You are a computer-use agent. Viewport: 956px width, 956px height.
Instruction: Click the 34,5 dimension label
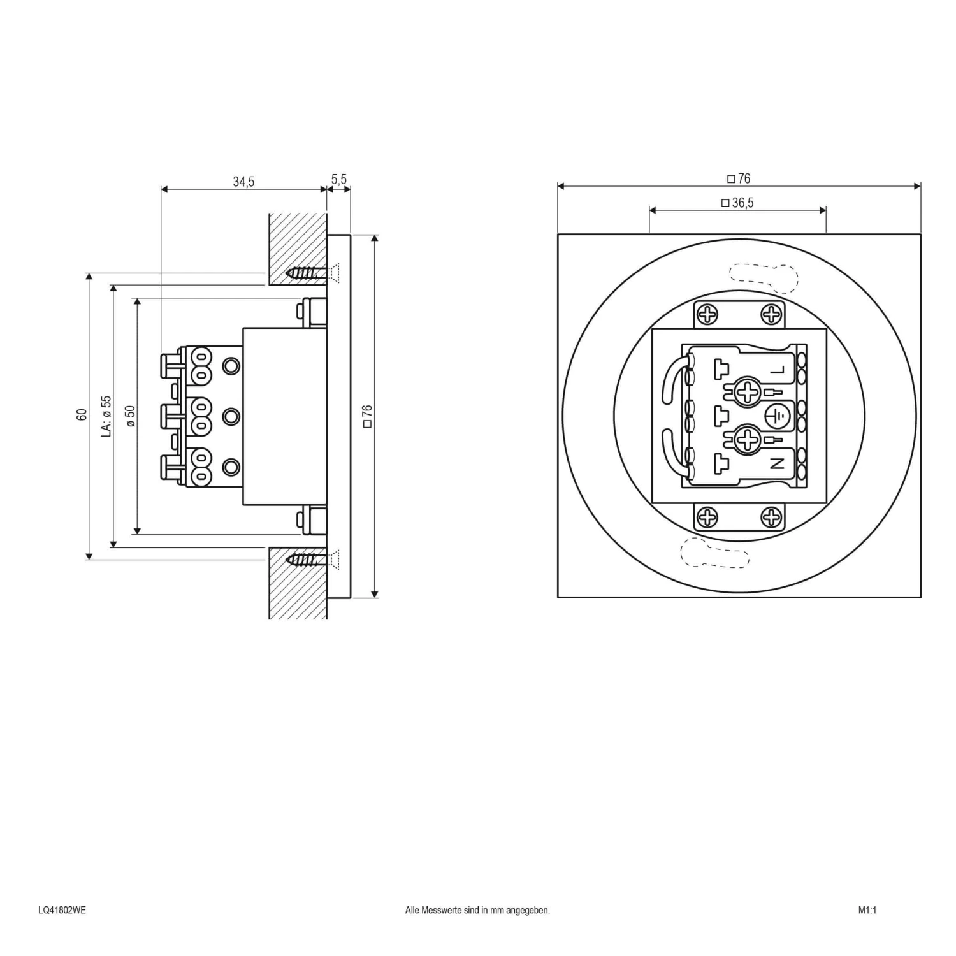pyautogui.click(x=243, y=182)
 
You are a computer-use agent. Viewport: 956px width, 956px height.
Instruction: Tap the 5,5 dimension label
pyautogui.click(x=339, y=179)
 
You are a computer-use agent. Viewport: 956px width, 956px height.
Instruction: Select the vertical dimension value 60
pyautogui.click(x=82, y=414)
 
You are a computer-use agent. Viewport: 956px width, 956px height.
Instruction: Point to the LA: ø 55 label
pyautogui.click(x=106, y=416)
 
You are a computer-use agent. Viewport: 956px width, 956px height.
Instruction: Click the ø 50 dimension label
pyautogui.click(x=130, y=416)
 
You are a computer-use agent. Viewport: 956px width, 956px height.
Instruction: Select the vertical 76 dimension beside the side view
pyautogui.click(x=367, y=416)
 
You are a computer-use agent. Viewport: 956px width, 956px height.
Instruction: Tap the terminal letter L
pyautogui.click(x=777, y=370)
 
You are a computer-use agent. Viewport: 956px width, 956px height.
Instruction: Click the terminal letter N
pyautogui.click(x=777, y=464)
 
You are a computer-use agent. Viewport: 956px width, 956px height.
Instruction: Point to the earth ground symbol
pyautogui.click(x=777, y=417)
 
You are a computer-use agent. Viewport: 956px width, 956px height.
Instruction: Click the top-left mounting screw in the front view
pyautogui.click(x=707, y=314)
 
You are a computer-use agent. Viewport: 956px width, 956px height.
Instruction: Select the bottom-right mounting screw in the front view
pyautogui.click(x=771, y=518)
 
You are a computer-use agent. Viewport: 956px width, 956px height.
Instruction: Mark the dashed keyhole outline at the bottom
pyautogui.click(x=714, y=552)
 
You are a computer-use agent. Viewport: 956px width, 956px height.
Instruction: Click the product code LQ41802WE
pyautogui.click(x=62, y=910)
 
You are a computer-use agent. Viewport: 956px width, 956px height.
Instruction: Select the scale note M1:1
pyautogui.click(x=867, y=910)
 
